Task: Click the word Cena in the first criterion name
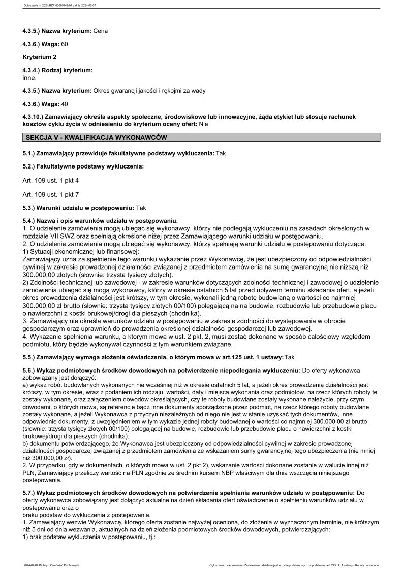101,31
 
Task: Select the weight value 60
65,44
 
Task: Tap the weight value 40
65,104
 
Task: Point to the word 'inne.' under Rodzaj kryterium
30,78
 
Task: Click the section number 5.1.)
29,153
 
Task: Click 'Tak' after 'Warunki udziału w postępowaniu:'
141,208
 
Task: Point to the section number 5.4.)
29,221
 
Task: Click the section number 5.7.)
29,492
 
